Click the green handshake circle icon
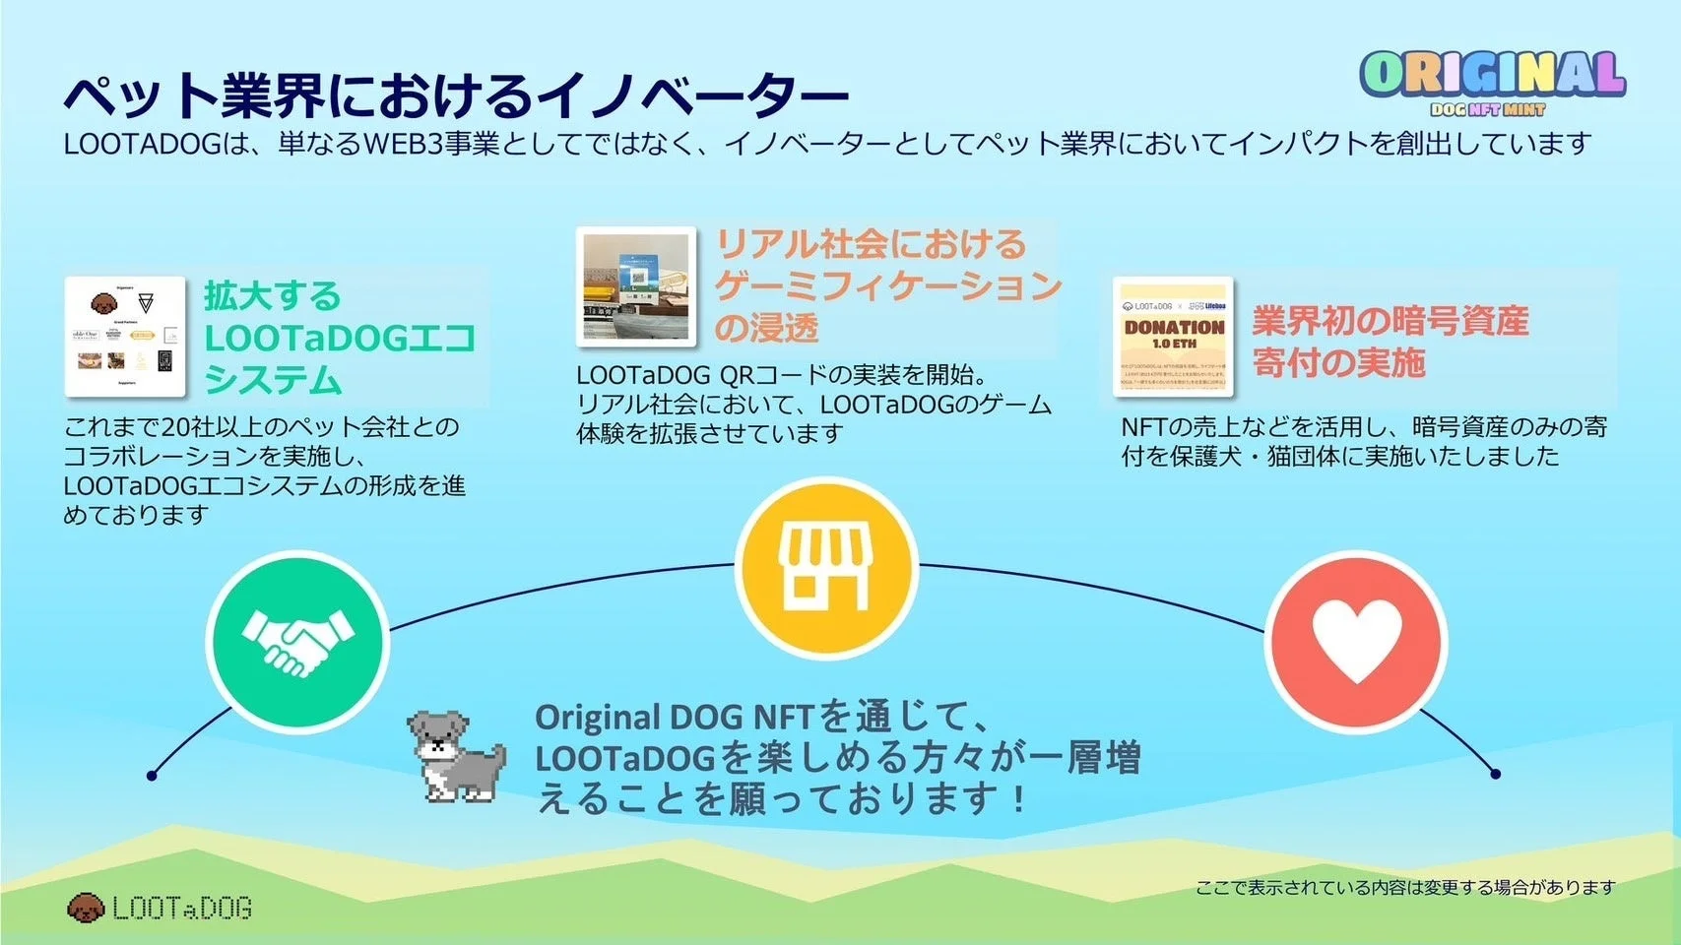(297, 642)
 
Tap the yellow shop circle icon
(826, 569)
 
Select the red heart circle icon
(1356, 642)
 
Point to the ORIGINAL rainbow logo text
(1492, 74)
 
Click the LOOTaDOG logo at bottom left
(160, 908)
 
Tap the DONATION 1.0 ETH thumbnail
(1173, 337)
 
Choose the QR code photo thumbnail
(636, 286)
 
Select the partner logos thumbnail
(125, 337)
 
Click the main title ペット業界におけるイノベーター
(455, 95)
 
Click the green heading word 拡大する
(272, 295)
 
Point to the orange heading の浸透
(766, 327)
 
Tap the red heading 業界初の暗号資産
(1390, 321)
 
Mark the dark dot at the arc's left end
(152, 776)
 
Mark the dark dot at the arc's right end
(1495, 774)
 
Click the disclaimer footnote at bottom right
(1405, 888)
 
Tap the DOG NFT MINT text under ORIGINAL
(1487, 109)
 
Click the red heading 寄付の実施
(1338, 362)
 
